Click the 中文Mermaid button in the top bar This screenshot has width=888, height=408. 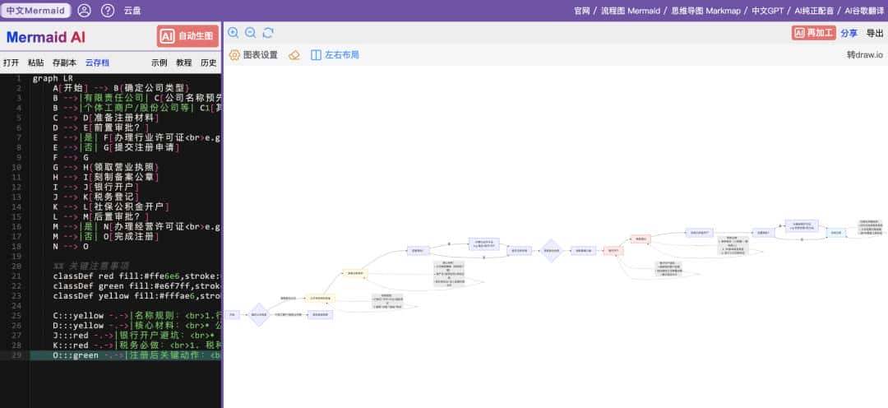pos(35,11)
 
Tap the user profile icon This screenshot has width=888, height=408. pos(85,11)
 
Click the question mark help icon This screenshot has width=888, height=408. pos(108,11)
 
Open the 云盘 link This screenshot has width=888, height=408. pos(132,11)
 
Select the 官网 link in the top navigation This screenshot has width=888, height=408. pos(582,11)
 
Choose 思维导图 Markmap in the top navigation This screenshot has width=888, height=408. pos(707,11)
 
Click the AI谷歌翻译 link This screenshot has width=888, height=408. pos(865,11)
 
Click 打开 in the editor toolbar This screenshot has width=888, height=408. pos(11,63)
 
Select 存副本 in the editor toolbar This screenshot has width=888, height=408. pos(64,63)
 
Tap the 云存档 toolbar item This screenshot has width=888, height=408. pos(97,63)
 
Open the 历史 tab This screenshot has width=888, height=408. pos(209,63)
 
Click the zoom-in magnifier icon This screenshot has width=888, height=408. pos(234,33)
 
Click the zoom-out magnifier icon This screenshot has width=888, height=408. pos(251,33)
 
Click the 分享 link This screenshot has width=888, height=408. pos(849,34)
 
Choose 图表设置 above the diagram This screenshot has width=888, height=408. pos(253,55)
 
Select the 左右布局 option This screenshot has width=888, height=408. pos(335,55)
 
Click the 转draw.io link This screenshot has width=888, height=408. pos(864,55)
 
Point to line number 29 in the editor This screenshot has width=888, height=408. pos(16,355)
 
